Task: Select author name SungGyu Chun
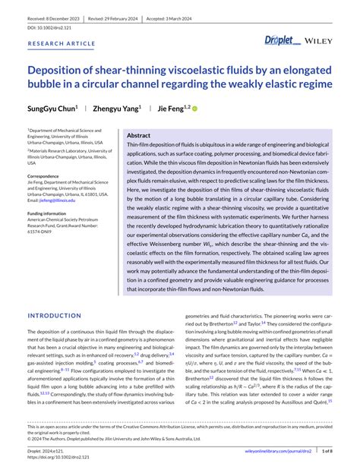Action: (x=52, y=109)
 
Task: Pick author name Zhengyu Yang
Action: (x=115, y=109)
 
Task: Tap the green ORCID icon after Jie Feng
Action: (x=194, y=109)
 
